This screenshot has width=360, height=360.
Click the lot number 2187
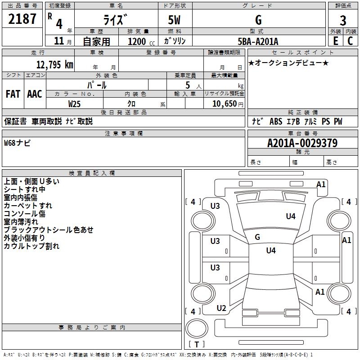click(22, 19)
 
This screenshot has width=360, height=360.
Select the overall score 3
click(343, 21)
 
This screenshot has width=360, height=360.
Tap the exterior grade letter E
click(336, 41)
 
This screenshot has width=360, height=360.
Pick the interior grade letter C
click(350, 41)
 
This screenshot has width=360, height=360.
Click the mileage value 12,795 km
click(55, 64)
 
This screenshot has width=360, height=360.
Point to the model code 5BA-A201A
click(258, 41)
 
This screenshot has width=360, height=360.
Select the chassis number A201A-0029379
click(302, 143)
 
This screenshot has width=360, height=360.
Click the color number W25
click(74, 104)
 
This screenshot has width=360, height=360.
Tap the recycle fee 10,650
click(225, 104)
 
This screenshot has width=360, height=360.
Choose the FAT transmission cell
click(13, 94)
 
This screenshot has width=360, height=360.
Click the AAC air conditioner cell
click(35, 94)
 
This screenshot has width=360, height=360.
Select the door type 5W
click(174, 20)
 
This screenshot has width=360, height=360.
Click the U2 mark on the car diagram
click(221, 308)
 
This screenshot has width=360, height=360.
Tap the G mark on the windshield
click(257, 237)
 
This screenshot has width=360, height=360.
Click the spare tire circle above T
click(197, 328)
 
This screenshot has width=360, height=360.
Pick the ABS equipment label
click(276, 121)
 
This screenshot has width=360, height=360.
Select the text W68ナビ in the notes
click(17, 143)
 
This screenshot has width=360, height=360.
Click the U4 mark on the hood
click(291, 216)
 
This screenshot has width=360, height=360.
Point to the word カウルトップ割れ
click(31, 246)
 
